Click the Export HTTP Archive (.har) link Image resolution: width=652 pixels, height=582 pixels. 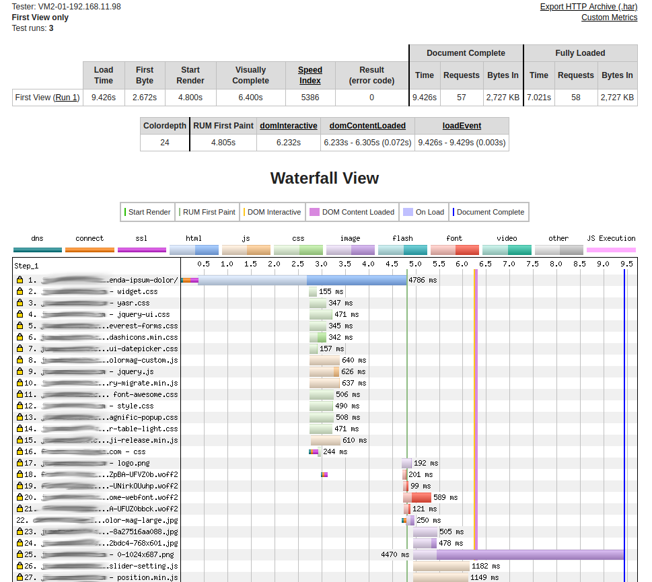588,7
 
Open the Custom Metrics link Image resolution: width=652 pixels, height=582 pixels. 609,17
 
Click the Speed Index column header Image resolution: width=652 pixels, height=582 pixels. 310,75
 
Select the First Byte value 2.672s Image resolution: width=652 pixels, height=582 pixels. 145,98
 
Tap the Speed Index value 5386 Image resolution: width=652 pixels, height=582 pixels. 310,98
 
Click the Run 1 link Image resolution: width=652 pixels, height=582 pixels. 67,98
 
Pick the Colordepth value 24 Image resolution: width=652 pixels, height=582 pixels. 165,143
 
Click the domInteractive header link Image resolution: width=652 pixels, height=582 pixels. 288,126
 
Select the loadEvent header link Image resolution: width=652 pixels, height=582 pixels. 462,126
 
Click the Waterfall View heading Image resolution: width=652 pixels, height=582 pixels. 324,178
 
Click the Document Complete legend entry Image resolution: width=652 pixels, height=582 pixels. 490,212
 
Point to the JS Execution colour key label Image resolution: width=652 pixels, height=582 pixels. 611,238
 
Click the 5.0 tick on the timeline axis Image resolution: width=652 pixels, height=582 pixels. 415,264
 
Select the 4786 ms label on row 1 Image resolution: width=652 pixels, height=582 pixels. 423,280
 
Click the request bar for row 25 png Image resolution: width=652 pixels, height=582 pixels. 518,555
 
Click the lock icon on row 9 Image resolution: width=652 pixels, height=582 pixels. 20,371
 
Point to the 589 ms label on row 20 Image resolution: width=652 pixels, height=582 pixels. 445,497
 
